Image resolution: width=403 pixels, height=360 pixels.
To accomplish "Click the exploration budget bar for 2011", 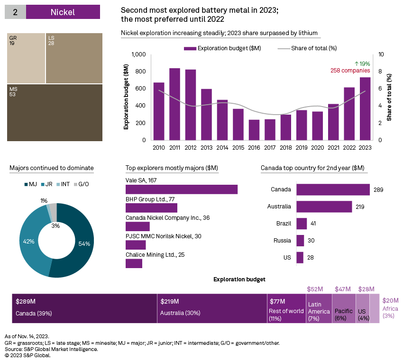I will [174, 104].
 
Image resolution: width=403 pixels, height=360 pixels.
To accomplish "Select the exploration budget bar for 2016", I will [254, 130].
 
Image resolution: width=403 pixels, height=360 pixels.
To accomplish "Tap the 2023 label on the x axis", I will [365, 147].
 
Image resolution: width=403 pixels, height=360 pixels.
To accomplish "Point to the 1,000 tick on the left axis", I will [138, 54].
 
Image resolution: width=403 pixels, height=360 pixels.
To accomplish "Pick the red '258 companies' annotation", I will [350, 71].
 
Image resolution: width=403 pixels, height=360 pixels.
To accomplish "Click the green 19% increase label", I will [362, 63].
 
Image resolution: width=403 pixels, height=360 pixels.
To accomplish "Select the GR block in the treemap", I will [26, 58].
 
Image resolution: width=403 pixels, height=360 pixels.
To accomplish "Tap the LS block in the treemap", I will [74, 58].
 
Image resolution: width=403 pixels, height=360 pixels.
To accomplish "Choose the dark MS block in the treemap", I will [55, 113].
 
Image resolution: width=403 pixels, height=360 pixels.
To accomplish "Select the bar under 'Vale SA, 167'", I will [181, 189].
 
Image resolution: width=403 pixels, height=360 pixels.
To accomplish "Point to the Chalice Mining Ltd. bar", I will [134, 263].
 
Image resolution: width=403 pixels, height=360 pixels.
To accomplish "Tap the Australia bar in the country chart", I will [324, 207].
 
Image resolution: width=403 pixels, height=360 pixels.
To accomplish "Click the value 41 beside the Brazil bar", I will [313, 224].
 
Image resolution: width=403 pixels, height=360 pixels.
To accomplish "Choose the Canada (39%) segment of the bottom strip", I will [84, 308].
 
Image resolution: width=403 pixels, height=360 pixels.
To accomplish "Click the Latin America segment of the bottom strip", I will [319, 308].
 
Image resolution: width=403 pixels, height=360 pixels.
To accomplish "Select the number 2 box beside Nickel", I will [15, 12].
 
